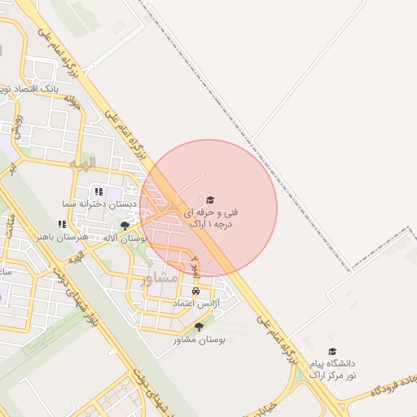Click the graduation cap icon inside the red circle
[209, 200]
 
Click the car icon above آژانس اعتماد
[195, 291]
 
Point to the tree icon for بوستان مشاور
[198, 327]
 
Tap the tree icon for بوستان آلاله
[124, 226]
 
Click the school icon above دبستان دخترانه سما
[99, 192]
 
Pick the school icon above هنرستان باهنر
[61, 224]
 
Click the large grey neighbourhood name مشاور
[159, 279]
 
